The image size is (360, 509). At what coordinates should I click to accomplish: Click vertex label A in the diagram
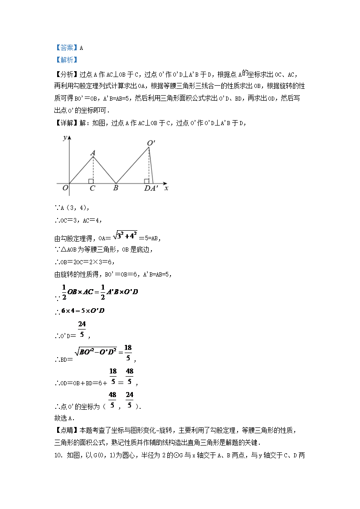(x=92, y=153)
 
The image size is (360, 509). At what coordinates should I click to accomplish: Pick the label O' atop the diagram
(x=151, y=143)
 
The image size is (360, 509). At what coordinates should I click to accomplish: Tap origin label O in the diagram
(x=65, y=188)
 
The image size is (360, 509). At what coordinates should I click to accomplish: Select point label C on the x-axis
(x=92, y=188)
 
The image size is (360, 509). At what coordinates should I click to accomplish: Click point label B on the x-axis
(x=116, y=188)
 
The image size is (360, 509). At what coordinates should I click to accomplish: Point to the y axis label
(x=66, y=137)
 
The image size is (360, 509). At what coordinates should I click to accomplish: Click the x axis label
(x=166, y=188)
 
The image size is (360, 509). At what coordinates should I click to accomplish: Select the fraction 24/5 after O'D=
(x=82, y=330)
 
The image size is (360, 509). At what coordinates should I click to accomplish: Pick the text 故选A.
(x=64, y=418)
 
